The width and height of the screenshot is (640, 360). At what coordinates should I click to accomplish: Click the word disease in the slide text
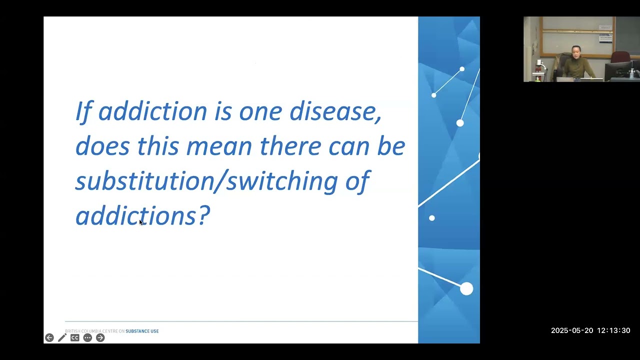335,111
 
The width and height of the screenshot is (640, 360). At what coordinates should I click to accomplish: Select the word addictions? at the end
142,215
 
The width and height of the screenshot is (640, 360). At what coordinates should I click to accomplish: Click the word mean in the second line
219,146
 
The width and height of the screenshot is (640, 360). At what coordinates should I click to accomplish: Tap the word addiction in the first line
152,111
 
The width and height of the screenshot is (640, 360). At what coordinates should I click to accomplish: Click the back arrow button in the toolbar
49,337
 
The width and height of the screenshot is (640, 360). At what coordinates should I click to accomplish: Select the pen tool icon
62,337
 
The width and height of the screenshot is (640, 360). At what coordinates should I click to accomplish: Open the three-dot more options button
87,337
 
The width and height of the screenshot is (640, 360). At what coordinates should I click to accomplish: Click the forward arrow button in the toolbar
100,337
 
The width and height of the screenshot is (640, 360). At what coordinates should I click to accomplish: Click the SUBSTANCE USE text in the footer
142,331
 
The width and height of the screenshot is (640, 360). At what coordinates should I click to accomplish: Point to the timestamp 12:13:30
613,330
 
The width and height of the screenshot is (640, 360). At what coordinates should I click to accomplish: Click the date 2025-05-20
572,330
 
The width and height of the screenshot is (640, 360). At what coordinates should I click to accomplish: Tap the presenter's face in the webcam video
575,51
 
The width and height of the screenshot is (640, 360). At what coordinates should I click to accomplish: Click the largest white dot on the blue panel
466,288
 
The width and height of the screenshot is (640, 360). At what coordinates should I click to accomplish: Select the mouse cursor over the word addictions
141,222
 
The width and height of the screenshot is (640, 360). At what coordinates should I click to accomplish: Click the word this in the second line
158,145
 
